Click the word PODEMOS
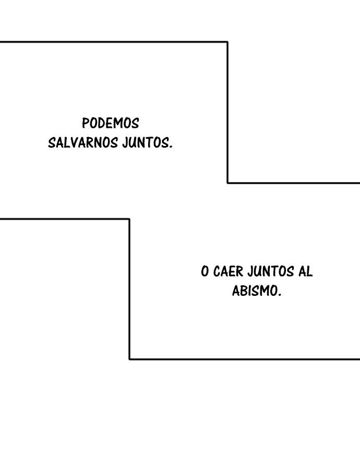tap(111, 123)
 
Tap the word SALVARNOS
tap(83, 143)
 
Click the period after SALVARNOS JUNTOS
tap(171, 147)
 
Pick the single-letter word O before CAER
tap(205, 272)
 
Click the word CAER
tap(229, 272)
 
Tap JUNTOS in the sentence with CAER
tap(271, 272)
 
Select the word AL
tap(305, 272)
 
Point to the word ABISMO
tap(255, 291)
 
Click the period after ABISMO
tap(280, 295)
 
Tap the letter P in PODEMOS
tap(85, 123)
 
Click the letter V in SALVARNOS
tap(74, 143)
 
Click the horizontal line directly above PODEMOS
tap(114, 42)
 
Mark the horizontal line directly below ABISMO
tap(245, 359)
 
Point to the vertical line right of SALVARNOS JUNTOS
tap(227, 113)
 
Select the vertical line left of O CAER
tap(129, 289)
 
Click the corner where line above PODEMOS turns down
tap(227, 42)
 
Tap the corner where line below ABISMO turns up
tap(129, 359)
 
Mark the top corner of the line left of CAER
tap(129, 219)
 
